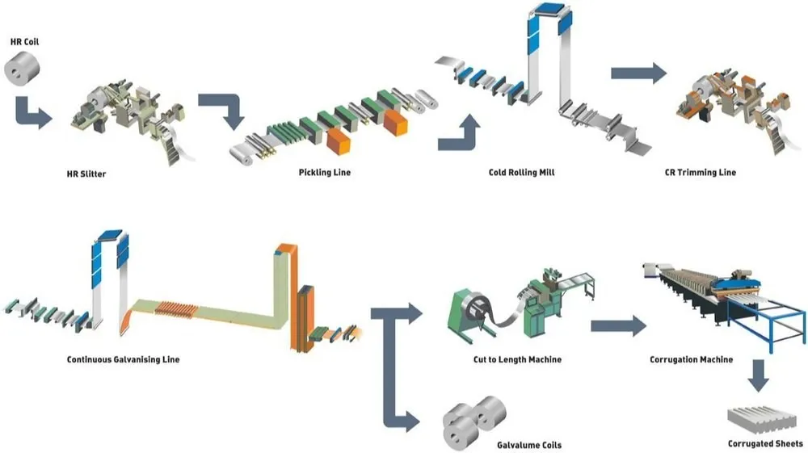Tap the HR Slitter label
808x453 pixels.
point(88,173)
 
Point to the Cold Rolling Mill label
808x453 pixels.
point(522,172)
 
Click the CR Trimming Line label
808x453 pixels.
point(705,172)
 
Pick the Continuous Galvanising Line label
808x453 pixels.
point(123,359)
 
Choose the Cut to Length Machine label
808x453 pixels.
point(518,359)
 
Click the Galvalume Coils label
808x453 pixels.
point(528,445)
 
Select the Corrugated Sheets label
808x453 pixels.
point(765,443)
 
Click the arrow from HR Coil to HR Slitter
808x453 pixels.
point(31,113)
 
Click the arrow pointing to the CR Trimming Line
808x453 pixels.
point(638,73)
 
